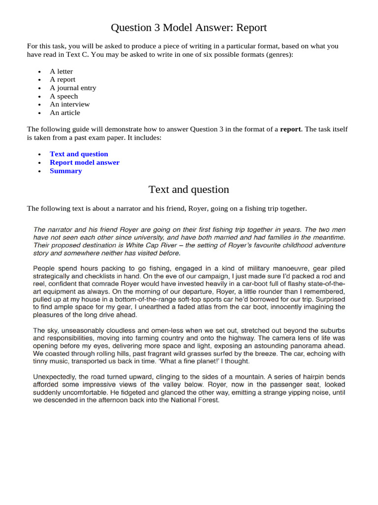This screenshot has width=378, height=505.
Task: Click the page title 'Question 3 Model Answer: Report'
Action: click(189, 28)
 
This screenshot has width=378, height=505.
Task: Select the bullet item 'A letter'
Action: click(61, 72)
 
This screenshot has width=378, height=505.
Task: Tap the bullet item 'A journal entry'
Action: click(73, 88)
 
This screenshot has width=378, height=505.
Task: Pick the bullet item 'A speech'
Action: click(63, 96)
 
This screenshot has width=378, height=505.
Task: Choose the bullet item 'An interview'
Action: click(69, 104)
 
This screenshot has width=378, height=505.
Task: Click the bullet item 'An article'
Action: click(64, 112)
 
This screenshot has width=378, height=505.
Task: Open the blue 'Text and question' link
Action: click(79, 154)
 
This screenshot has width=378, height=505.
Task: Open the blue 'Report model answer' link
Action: click(84, 162)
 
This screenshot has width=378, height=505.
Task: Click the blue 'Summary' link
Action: click(65, 171)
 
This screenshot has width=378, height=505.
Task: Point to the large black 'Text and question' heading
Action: click(189, 189)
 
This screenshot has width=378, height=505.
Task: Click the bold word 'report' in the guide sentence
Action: click(290, 129)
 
